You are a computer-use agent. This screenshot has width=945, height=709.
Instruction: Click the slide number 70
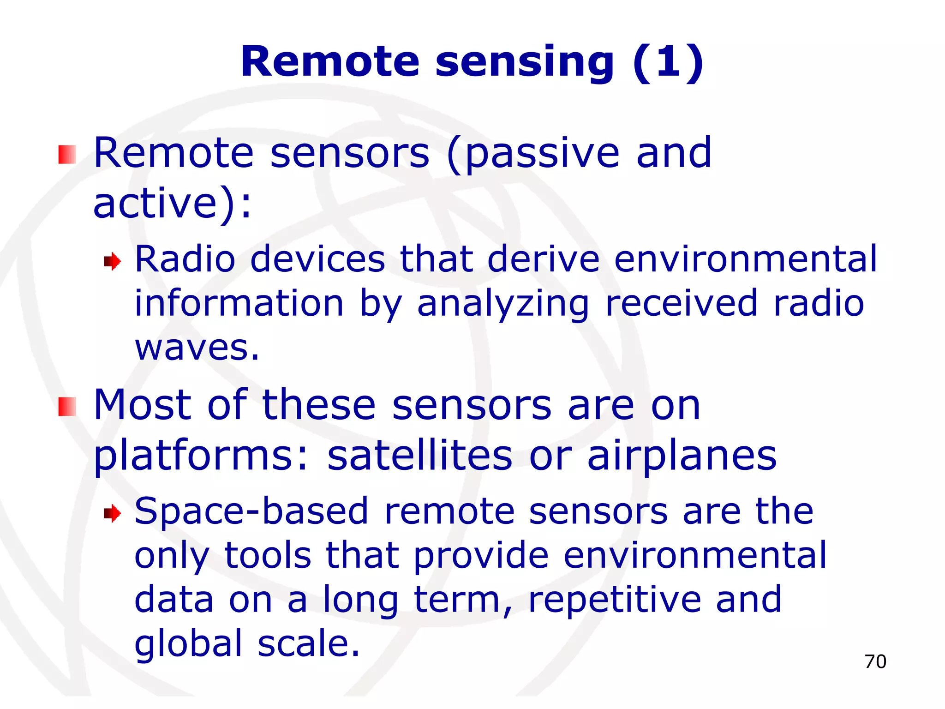tap(875, 661)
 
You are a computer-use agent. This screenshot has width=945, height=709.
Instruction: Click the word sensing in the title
tap(524, 62)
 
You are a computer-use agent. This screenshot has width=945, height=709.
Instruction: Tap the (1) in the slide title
tap(668, 62)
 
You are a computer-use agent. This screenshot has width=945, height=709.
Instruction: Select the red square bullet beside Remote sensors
tap(67, 155)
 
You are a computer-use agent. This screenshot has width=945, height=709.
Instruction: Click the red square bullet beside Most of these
tap(67, 406)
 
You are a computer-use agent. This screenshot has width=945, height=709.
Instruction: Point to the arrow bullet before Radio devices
tap(112, 262)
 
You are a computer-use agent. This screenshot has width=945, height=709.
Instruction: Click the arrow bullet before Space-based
tap(112, 513)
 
